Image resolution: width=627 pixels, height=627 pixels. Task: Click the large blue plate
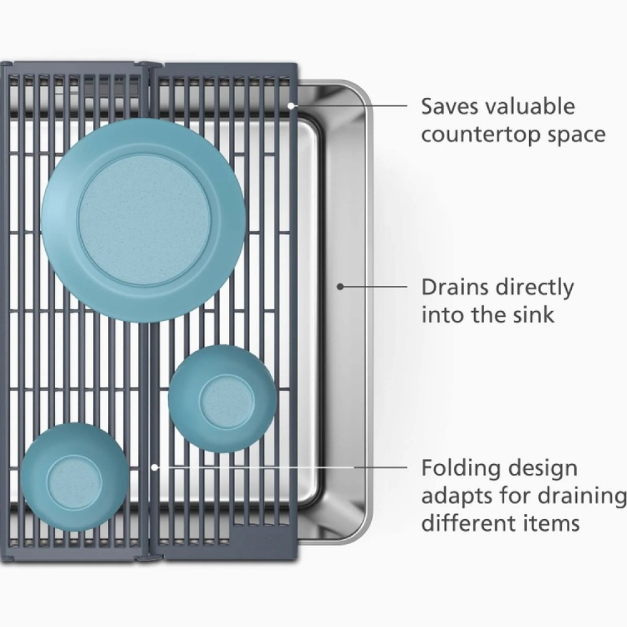143,221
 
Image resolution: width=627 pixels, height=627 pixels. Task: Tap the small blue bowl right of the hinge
223,398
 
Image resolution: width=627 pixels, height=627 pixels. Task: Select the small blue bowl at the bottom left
75,477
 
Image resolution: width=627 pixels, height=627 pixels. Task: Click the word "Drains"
455,287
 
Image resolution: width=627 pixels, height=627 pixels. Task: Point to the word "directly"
534,288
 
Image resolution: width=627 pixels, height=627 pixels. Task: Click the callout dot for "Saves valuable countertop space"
292,106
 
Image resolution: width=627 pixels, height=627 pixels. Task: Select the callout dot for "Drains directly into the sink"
340,287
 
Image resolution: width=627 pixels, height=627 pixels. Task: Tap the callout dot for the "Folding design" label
155,466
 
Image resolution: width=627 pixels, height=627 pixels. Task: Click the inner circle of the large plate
143,221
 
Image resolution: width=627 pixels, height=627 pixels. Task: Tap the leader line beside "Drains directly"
374,287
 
